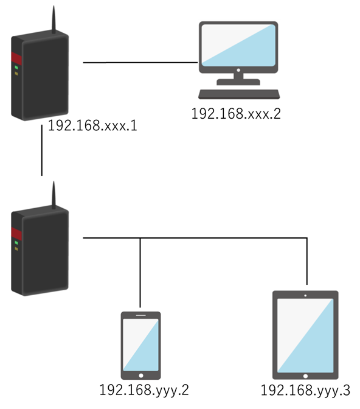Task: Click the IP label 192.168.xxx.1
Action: click(92, 125)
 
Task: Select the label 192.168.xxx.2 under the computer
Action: click(236, 114)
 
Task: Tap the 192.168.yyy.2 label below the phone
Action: click(144, 391)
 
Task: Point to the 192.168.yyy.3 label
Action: click(305, 391)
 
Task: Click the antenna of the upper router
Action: click(54, 19)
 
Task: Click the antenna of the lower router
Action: click(54, 195)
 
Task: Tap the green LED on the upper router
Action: click(16, 68)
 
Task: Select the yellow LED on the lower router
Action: click(16, 249)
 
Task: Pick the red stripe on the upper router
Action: click(16, 58)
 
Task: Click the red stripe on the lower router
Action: click(16, 234)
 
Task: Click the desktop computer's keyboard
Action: click(239, 94)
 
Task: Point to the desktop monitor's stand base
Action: click(238, 82)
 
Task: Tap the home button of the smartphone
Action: click(140, 376)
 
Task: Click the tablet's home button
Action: click(305, 376)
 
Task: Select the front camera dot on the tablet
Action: click(305, 296)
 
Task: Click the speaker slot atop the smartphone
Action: click(140, 315)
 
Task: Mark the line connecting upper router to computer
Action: click(140, 63)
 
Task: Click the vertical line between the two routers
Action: click(42, 150)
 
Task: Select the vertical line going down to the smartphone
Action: click(140, 273)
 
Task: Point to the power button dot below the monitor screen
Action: click(238, 70)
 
